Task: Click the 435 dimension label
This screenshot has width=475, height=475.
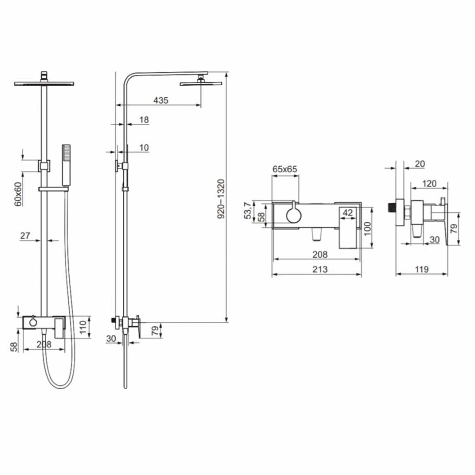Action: tap(161, 100)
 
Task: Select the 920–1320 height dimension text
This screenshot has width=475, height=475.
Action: tap(221, 199)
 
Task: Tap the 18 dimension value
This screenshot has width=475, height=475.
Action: tap(144, 119)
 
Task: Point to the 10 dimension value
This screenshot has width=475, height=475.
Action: tap(144, 147)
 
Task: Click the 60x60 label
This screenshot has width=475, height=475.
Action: tap(18, 194)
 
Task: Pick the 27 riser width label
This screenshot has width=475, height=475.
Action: tap(25, 236)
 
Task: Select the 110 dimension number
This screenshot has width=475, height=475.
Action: tap(83, 327)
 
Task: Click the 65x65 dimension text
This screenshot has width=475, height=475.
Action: tap(285, 169)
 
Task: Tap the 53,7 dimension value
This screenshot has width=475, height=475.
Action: tap(248, 211)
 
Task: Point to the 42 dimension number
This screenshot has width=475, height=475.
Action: tap(348, 213)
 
